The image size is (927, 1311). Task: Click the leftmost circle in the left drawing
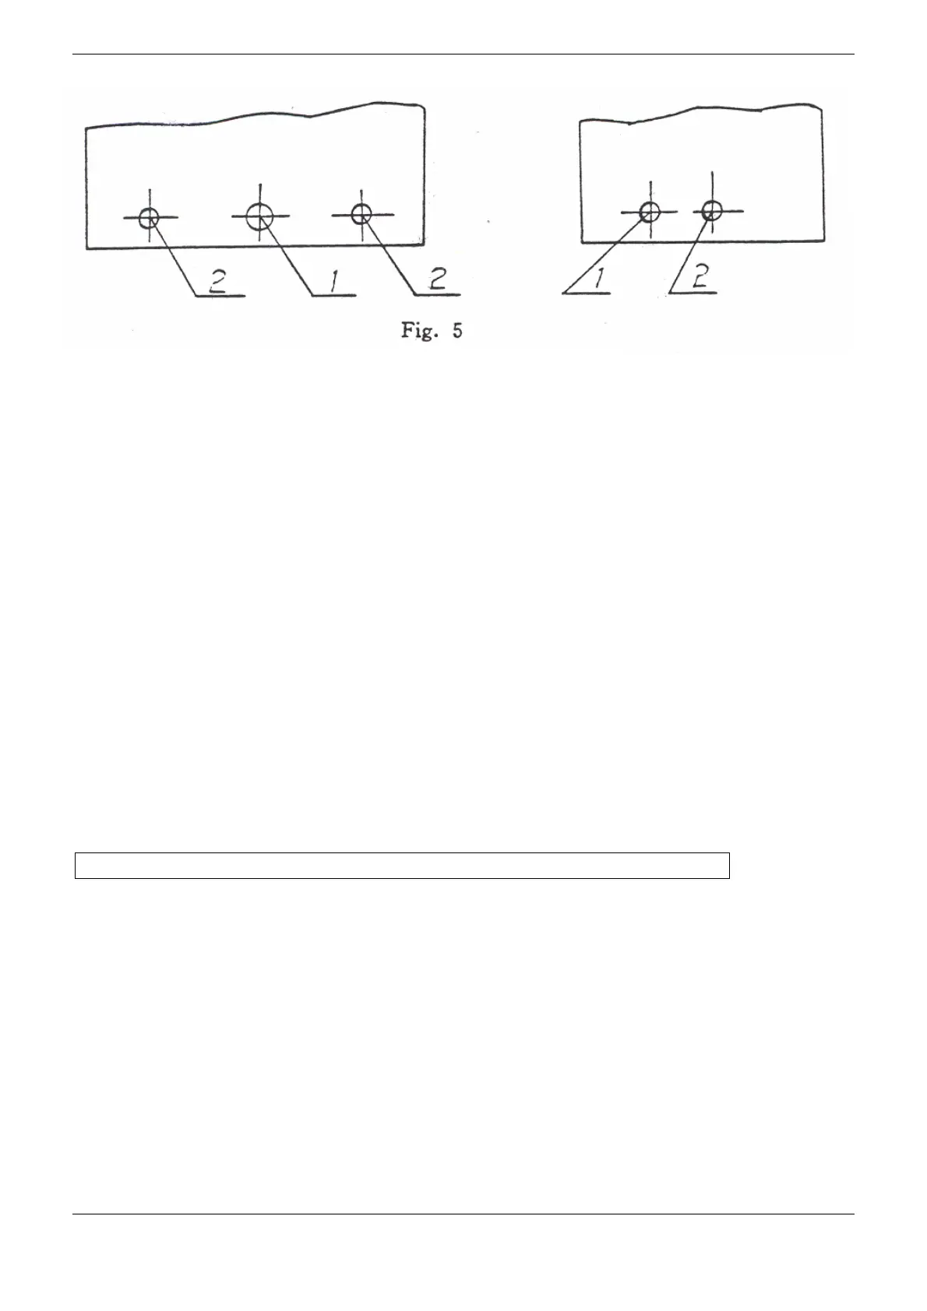point(149,218)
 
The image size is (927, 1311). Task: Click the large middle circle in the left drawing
point(259,216)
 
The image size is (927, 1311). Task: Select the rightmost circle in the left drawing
point(361,213)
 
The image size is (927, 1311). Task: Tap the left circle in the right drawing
point(650,211)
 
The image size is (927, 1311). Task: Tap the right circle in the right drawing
point(711,209)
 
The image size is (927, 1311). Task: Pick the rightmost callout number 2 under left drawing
point(439,279)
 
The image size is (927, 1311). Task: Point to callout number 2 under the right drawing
point(700,278)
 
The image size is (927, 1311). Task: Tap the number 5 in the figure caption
point(457,331)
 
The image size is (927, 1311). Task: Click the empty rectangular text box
point(402,866)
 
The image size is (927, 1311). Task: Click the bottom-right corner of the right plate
point(825,240)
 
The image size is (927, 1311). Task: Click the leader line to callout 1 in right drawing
point(608,251)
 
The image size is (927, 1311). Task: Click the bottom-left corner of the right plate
point(582,241)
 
